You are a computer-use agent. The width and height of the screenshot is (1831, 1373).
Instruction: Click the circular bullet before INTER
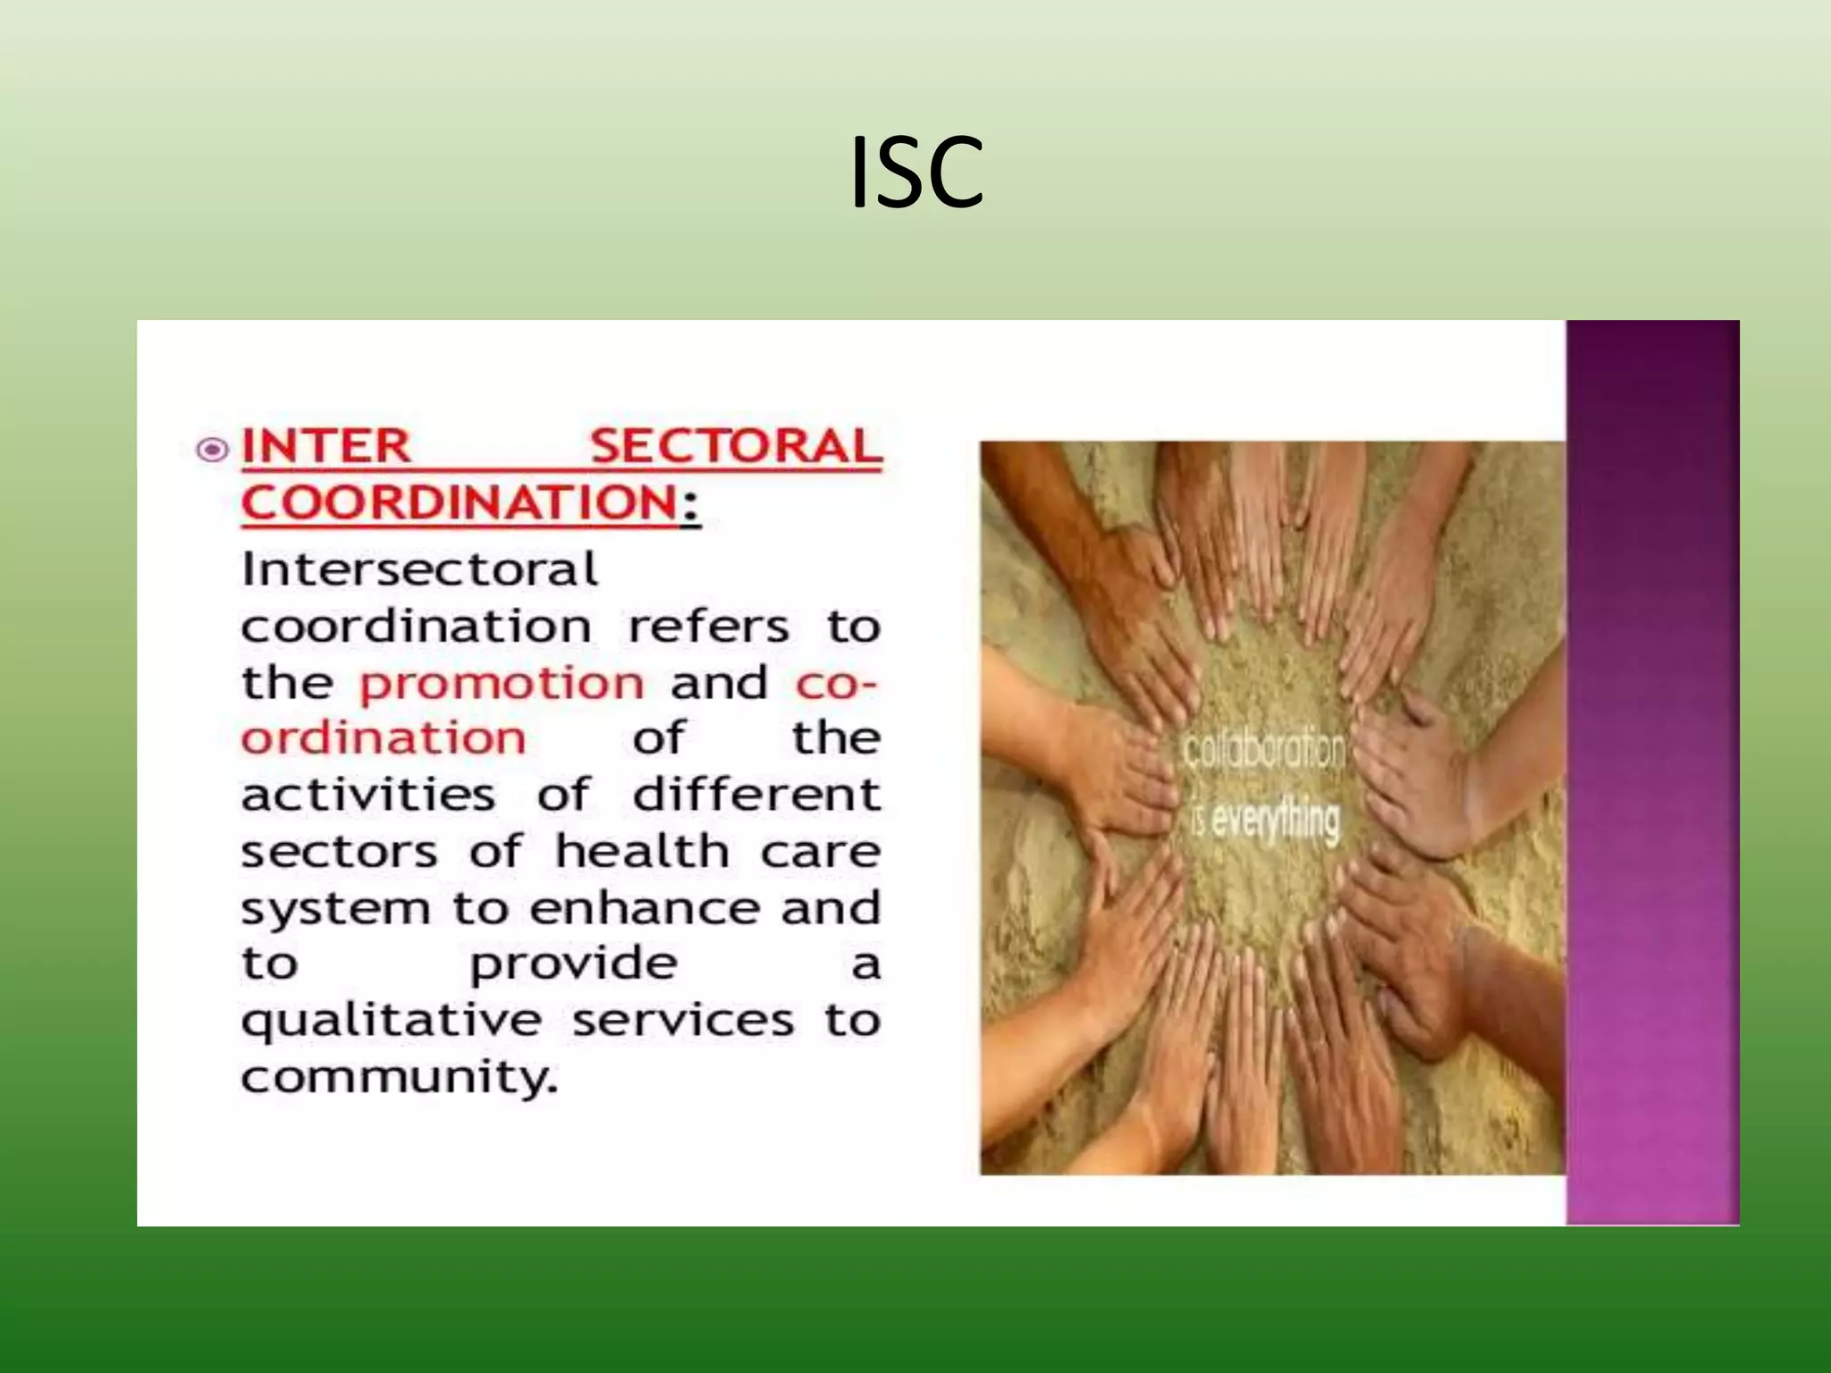[x=212, y=449]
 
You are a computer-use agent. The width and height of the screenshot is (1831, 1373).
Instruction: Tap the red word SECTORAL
[x=736, y=446]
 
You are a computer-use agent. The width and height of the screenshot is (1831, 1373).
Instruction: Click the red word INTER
[x=326, y=446]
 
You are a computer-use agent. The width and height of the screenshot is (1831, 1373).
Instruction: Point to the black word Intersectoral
[x=419, y=569]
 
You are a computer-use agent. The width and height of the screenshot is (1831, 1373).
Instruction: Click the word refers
[x=709, y=626]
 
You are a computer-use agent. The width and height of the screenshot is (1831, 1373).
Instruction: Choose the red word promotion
[x=501, y=684]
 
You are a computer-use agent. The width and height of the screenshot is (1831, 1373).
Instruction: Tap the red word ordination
[x=384, y=738]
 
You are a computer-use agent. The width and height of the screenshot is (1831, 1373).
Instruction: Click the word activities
[x=367, y=795]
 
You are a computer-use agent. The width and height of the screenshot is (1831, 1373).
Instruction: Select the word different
[x=756, y=795]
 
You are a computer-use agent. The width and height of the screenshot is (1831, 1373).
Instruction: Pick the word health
[x=642, y=850]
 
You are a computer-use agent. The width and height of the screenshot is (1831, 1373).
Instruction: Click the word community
[x=399, y=1078]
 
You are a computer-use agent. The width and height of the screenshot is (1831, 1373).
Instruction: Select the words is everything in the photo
[x=1266, y=821]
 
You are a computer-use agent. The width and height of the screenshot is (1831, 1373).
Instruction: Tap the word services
[x=683, y=1020]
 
